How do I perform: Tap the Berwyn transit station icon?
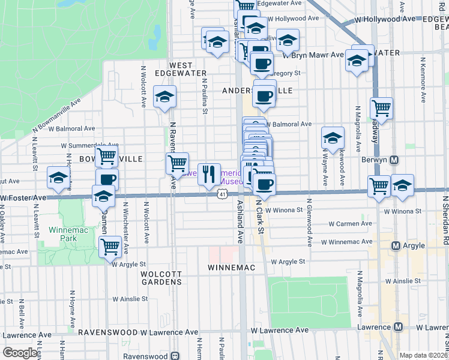coord(395,160)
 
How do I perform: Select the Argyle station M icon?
coord(396,245)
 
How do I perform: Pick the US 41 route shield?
coord(223,194)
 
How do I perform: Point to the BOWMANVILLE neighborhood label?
coord(110,158)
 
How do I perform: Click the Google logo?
coord(20,353)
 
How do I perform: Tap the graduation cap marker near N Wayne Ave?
coord(333,137)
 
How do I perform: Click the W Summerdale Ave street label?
coord(88,145)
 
